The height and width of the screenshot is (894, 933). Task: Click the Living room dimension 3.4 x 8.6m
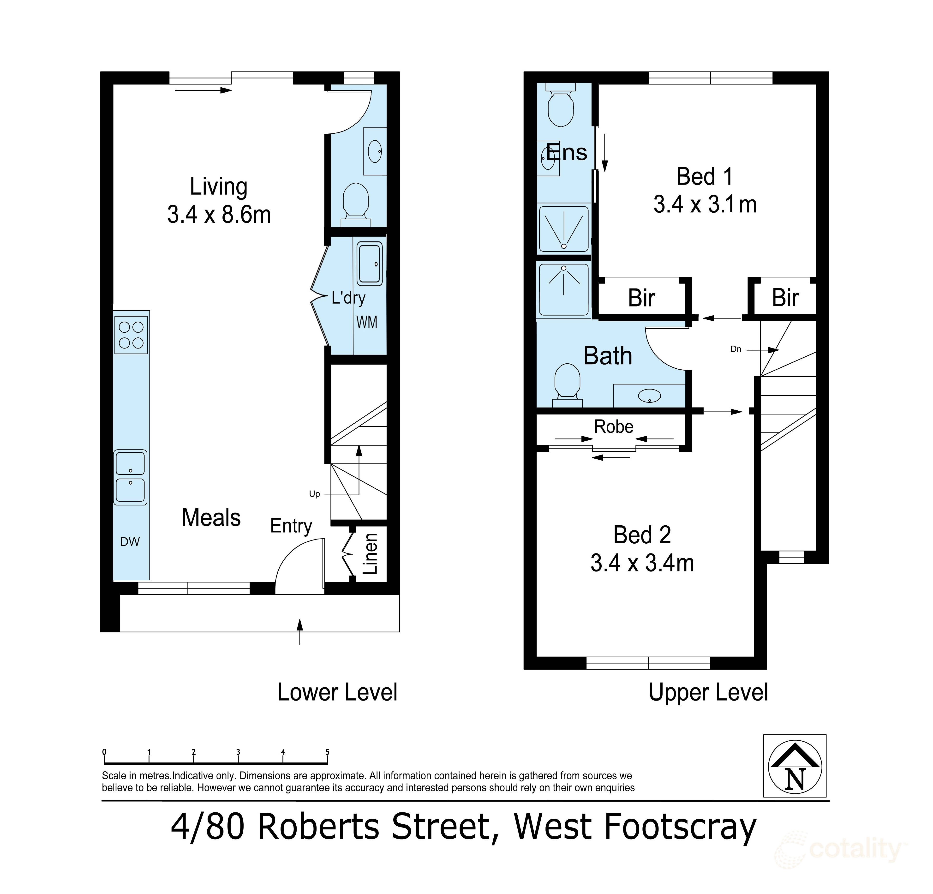click(219, 215)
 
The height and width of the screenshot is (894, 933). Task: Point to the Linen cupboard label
click(370, 554)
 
